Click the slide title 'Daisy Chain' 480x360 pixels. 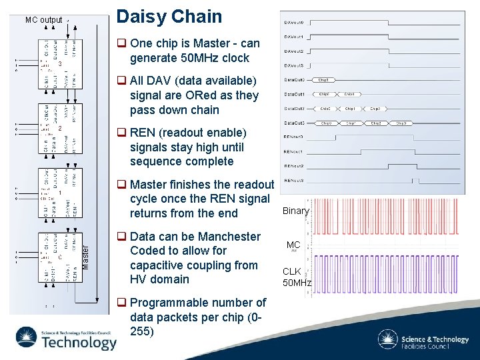tap(169, 17)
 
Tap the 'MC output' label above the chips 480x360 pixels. tap(43, 20)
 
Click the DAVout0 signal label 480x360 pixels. tap(294, 22)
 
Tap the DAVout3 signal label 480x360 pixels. tap(294, 65)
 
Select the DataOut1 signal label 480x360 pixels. tap(294, 94)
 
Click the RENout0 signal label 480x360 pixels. tap(294, 137)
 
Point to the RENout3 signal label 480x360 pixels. tap(294, 181)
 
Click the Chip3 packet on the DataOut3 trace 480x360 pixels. tap(400, 123)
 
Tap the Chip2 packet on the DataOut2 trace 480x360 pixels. tap(375, 108)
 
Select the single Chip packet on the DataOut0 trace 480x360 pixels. tap(326, 80)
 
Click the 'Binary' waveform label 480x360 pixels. tap(295, 211)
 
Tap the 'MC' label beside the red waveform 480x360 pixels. tap(293, 245)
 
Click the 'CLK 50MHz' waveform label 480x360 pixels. tap(297, 277)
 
